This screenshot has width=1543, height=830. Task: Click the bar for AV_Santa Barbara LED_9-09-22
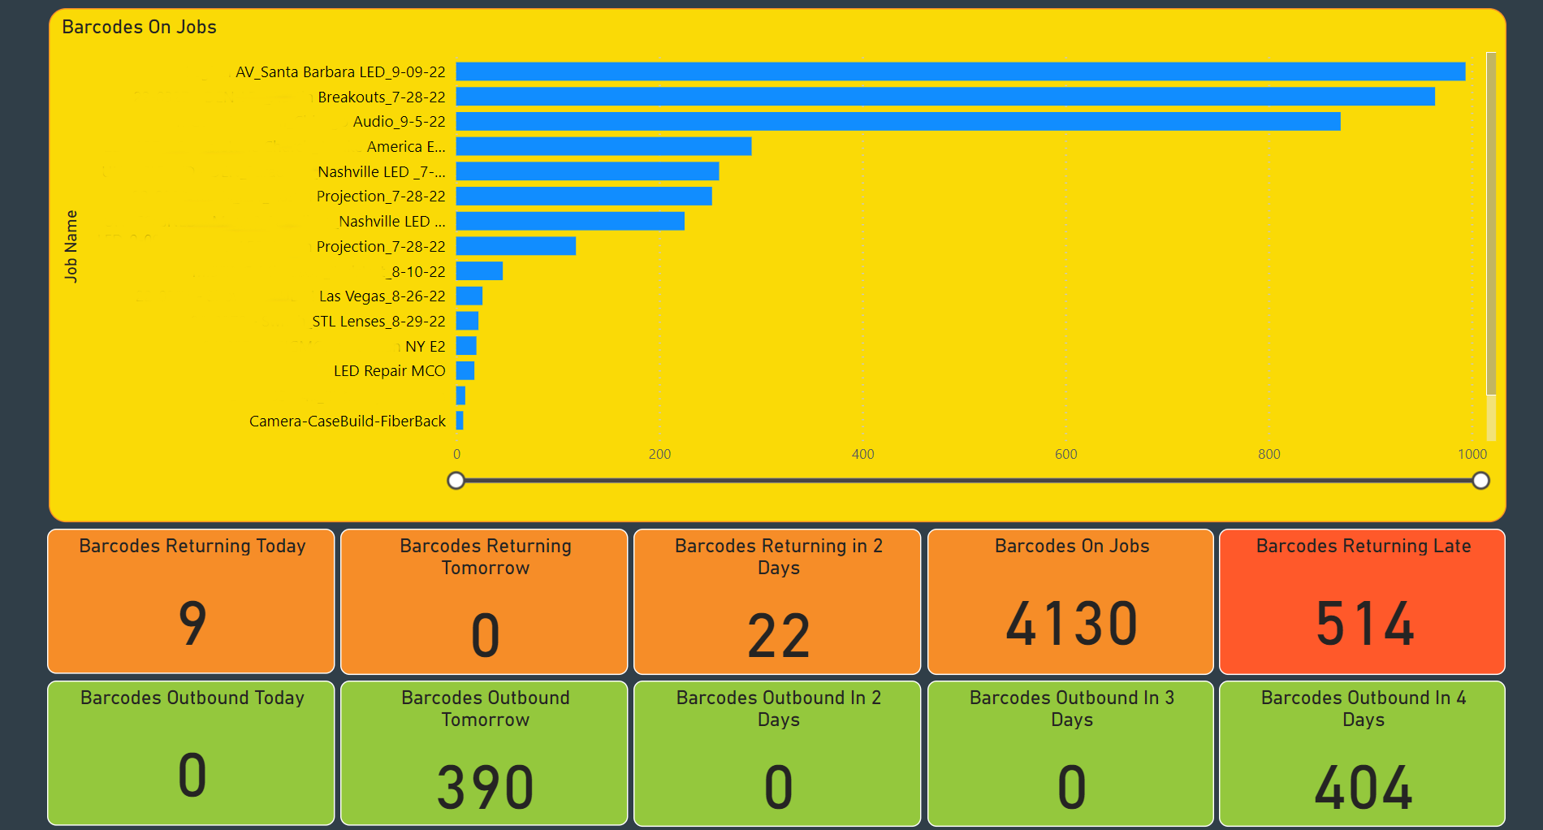click(x=960, y=71)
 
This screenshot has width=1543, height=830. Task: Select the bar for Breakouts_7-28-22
click(x=944, y=97)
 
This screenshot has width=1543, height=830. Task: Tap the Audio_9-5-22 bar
click(x=897, y=122)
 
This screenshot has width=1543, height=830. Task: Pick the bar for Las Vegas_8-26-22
click(x=469, y=296)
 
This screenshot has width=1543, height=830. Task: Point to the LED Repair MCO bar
click(x=465, y=371)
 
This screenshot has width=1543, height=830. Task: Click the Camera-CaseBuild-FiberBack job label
click(x=348, y=421)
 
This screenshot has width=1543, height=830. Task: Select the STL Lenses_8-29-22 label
click(x=378, y=322)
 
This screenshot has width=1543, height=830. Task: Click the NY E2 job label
click(x=426, y=347)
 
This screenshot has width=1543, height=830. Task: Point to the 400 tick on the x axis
click(x=862, y=455)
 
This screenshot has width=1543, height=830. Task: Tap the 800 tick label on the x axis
click(x=1269, y=455)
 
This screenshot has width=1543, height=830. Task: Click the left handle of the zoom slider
click(x=456, y=481)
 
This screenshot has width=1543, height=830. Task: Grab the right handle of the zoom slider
click(x=1480, y=481)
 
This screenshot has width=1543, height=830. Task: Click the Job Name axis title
click(x=71, y=246)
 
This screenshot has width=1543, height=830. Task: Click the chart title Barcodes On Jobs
click(x=139, y=28)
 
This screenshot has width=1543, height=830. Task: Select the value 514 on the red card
click(x=1364, y=624)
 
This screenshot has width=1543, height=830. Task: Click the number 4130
click(x=1071, y=624)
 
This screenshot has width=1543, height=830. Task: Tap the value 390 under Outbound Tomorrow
click(x=485, y=787)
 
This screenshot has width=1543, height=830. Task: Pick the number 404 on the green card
click(x=1364, y=787)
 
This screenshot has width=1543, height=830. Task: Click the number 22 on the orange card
click(x=778, y=636)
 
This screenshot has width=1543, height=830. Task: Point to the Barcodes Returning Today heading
click(x=192, y=546)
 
